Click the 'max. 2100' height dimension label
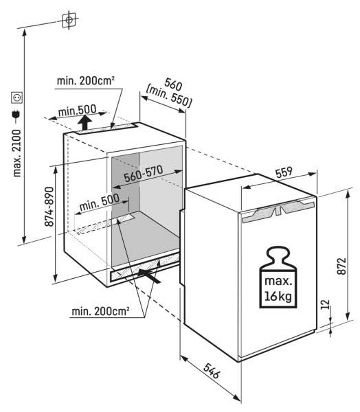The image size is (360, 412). click(16, 153)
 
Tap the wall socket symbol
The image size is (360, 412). click(16, 98)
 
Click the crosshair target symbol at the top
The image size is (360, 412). click(69, 20)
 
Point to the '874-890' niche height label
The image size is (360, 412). click(49, 207)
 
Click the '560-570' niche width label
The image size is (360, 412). click(144, 174)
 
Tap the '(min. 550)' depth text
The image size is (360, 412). click(168, 96)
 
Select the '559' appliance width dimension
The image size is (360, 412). click(284, 172)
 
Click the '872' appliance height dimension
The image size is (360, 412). click(341, 266)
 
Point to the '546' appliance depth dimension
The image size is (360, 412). click(211, 371)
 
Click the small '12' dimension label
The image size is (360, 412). click(325, 304)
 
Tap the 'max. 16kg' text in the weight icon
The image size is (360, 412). click(278, 288)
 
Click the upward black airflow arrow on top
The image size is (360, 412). click(85, 123)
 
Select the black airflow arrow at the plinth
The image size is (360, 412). click(149, 275)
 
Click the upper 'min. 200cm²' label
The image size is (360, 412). click(86, 81)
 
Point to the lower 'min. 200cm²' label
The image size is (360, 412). click(100, 311)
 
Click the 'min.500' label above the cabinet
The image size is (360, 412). click(78, 111)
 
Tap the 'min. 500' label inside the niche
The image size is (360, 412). click(100, 203)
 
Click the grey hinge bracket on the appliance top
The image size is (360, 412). click(278, 209)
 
